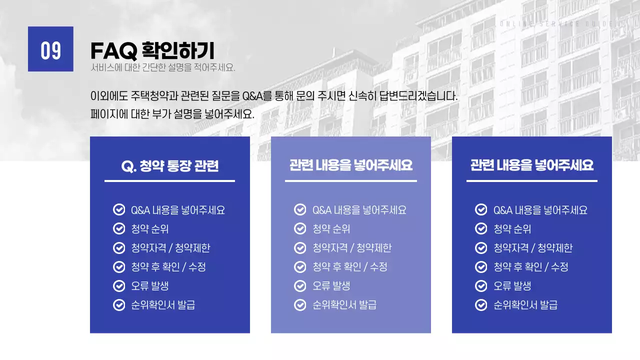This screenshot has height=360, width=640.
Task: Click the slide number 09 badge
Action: click(50, 49)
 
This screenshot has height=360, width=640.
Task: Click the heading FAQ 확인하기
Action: click(152, 50)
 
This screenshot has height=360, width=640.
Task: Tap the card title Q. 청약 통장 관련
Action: click(170, 166)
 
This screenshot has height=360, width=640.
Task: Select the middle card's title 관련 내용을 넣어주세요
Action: click(351, 165)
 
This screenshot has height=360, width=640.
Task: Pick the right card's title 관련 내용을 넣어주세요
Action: click(532, 165)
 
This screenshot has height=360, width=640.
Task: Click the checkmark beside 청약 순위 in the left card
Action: click(119, 229)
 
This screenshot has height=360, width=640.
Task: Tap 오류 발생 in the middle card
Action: click(331, 286)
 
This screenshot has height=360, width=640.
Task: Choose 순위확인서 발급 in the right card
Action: click(525, 305)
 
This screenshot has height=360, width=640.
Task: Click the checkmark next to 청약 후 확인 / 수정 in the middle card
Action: click(300, 267)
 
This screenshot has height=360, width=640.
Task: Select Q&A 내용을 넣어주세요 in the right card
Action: click(540, 210)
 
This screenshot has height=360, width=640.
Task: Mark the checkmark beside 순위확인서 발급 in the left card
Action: click(119, 305)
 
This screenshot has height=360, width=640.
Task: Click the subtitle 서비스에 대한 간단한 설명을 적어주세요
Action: click(163, 68)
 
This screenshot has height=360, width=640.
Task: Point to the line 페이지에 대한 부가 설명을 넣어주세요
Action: click(172, 114)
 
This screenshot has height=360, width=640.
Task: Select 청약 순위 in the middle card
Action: click(331, 229)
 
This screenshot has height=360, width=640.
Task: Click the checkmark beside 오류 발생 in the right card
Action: click(481, 286)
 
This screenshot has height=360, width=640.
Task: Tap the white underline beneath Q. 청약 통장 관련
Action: click(169, 181)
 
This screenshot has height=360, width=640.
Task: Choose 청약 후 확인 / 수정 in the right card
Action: click(530, 267)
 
